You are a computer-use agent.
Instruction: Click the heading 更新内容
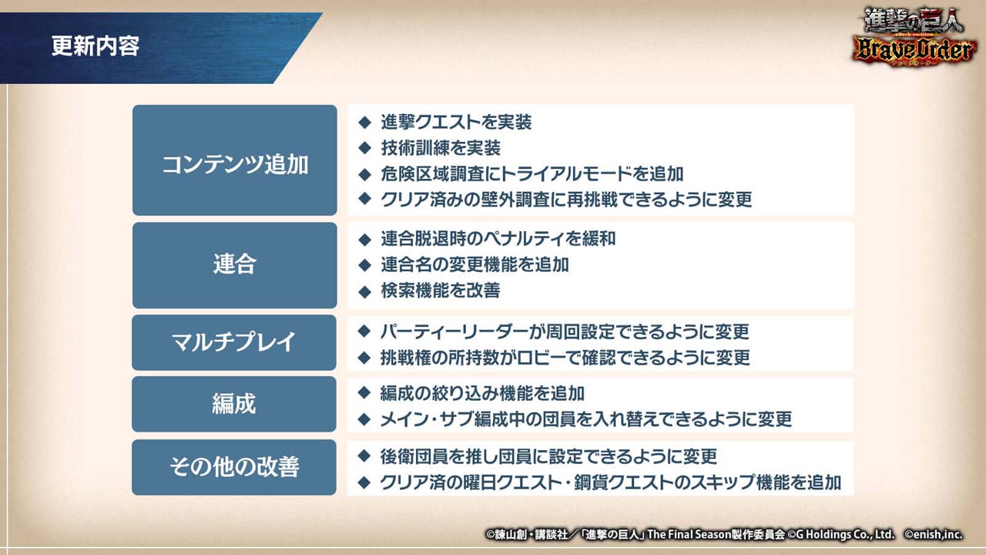(x=95, y=46)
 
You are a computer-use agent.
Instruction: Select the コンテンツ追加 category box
(x=235, y=160)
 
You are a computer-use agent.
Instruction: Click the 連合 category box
(x=235, y=265)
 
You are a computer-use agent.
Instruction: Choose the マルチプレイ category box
(x=234, y=342)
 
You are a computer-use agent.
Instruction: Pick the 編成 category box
(x=234, y=404)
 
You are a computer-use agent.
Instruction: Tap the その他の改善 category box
(x=234, y=467)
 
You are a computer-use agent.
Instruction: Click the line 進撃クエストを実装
(x=456, y=122)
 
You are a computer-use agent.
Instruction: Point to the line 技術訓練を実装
(x=441, y=148)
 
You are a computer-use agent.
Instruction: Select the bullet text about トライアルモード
(x=532, y=174)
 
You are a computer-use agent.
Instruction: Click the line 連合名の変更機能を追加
(x=475, y=264)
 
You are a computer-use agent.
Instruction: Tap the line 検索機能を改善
(x=441, y=291)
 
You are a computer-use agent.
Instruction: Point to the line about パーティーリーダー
(x=565, y=331)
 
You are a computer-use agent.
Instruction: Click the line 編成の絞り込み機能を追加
(x=482, y=393)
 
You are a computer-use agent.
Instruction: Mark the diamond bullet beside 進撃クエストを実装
(x=364, y=122)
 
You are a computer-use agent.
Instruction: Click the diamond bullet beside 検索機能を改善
(x=364, y=291)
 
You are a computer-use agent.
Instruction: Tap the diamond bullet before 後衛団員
(x=364, y=456)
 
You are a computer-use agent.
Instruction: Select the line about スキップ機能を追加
(x=611, y=483)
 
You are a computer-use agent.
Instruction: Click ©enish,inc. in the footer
(x=933, y=535)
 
